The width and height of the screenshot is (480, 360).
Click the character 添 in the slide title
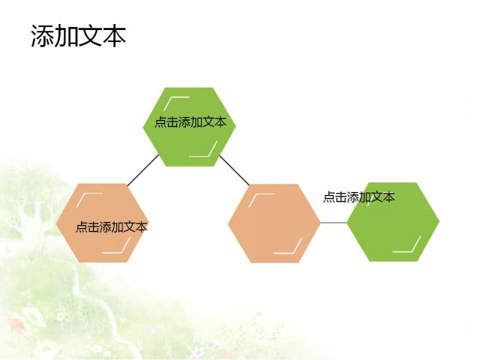43,36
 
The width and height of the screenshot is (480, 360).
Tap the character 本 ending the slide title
114,36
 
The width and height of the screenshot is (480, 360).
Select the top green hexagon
190,127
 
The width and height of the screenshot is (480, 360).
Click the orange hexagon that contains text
102,223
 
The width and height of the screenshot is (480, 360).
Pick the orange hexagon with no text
274,223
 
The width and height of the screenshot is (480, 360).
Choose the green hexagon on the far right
393,222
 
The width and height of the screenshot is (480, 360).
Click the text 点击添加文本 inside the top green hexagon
190,122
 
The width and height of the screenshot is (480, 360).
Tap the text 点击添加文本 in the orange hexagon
112,227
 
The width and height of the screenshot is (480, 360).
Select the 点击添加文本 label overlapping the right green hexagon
359,197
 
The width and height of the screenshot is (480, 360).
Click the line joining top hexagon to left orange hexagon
143,170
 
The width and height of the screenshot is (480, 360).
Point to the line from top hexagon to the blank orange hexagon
235,170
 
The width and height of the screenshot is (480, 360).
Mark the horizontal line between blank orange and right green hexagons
334,223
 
